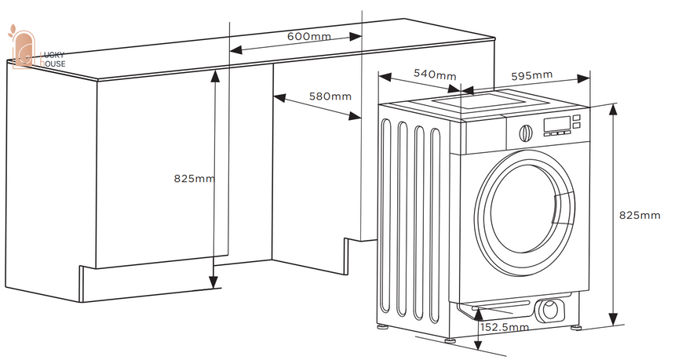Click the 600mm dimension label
308,36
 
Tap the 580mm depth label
330,96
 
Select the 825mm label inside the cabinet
195,178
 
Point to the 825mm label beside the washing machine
640,215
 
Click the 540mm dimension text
435,75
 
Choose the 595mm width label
531,75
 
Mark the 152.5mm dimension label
505,327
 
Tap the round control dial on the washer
526,133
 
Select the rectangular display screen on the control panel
557,123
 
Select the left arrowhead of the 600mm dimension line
235,50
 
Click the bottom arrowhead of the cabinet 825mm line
213,282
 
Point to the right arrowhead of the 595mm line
584,78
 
